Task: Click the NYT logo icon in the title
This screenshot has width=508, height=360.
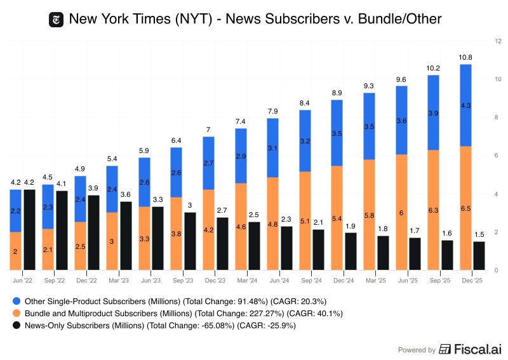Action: (x=57, y=20)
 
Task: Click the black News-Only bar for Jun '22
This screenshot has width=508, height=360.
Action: (x=29, y=230)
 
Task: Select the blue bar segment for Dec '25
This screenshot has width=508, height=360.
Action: (x=465, y=105)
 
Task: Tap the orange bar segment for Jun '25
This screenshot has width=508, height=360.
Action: (x=401, y=212)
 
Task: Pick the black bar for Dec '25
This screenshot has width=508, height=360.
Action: (x=479, y=256)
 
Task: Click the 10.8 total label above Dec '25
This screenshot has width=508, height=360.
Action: (x=465, y=57)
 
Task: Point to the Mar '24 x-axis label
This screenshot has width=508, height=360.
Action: (x=247, y=280)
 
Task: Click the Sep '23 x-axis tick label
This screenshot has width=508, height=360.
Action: (x=183, y=280)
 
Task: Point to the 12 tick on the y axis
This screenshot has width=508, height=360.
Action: (x=498, y=41)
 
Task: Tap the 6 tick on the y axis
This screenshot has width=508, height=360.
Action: (x=497, y=156)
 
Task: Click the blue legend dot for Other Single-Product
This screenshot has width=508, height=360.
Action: (x=17, y=300)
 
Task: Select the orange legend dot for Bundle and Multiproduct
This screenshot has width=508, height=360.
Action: (x=17, y=313)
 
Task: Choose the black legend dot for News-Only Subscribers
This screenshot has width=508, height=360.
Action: (x=17, y=326)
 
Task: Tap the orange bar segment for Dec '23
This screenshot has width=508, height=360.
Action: (x=208, y=230)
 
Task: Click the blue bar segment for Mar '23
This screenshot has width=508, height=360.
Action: (x=112, y=189)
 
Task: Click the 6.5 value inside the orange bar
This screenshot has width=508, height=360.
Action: (x=465, y=208)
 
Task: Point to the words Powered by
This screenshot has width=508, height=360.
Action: (x=417, y=350)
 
